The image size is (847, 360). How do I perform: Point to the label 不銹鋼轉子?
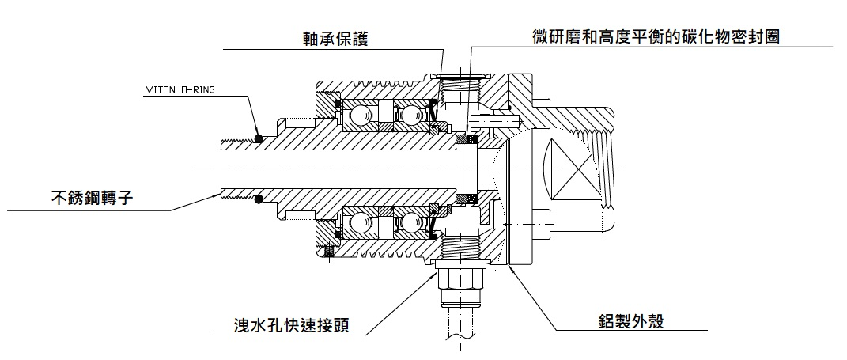point(85,196)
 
